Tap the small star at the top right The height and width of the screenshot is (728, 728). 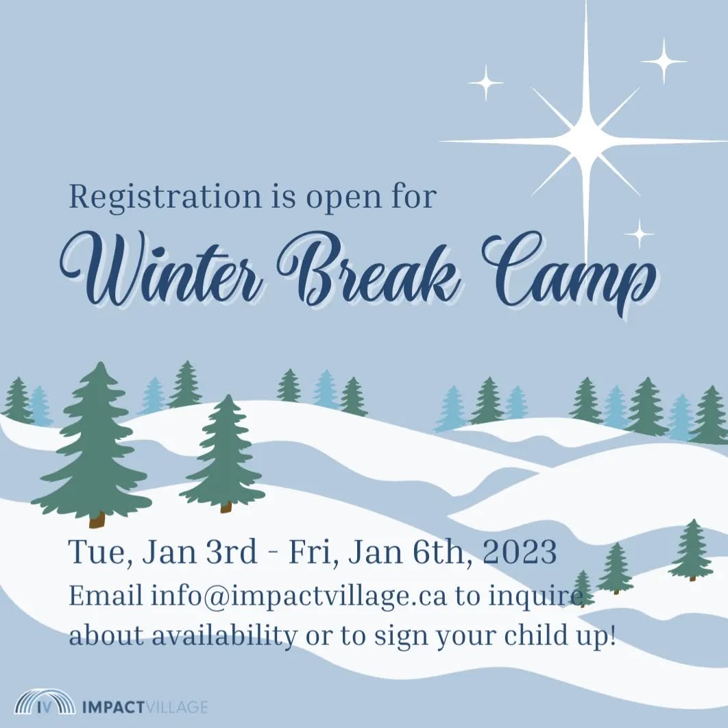[x=664, y=61]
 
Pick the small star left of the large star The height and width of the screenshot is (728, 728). [x=486, y=82]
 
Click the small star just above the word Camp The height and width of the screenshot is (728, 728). [x=639, y=234]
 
